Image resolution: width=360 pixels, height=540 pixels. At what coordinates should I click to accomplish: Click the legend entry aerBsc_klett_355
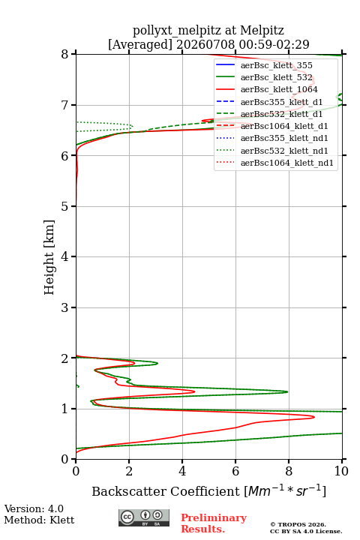276,65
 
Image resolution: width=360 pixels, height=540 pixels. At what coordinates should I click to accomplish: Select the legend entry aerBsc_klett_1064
279,89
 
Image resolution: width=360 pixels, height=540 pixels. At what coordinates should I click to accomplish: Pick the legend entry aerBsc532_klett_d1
281,114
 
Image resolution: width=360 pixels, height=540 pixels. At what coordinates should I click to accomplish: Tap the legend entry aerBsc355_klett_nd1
284,139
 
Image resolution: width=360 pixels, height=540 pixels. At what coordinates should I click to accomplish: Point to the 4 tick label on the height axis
65,256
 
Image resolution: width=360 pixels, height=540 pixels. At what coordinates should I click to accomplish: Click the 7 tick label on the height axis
65,105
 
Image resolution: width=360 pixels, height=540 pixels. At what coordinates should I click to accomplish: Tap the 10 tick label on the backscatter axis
341,471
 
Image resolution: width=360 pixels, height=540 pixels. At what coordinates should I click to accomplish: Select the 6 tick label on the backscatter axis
235,471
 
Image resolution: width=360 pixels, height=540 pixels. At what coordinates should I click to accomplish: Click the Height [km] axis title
49,257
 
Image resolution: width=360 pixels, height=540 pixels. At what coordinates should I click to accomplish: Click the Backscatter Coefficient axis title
208,490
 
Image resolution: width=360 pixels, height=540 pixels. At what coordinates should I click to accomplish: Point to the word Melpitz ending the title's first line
262,30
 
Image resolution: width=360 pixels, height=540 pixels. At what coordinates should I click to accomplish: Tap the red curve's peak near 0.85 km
313,417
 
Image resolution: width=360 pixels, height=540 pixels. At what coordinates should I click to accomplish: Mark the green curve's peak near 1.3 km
287,391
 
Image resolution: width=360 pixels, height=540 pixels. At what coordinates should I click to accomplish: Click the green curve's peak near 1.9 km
157,363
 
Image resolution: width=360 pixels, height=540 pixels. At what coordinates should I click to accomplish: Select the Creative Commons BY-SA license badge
144,517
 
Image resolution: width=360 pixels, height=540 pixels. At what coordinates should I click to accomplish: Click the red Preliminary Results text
214,523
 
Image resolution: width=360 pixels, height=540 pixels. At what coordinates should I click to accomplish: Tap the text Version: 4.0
34,508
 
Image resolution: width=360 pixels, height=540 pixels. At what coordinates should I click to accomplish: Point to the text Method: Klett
39,520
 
